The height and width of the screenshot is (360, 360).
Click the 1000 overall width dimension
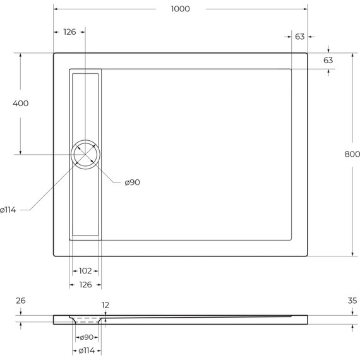180,9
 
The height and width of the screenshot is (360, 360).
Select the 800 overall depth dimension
352,155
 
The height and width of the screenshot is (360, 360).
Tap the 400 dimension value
20,104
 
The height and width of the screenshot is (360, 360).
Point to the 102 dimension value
85,271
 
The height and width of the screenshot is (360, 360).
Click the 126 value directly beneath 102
85,284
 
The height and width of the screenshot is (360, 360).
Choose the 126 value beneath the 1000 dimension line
69,32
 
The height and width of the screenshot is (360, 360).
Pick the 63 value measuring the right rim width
299,37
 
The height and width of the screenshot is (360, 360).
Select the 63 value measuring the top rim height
328,60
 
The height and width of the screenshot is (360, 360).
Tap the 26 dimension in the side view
20,301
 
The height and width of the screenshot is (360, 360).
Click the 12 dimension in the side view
105,305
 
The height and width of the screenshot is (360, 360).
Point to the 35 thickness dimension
352,301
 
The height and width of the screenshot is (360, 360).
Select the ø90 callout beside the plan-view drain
132,183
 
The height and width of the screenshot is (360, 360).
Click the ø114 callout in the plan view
8,210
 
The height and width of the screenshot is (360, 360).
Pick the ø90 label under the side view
87,338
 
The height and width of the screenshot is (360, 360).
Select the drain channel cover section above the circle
85,104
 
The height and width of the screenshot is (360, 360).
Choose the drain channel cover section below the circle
85,202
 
